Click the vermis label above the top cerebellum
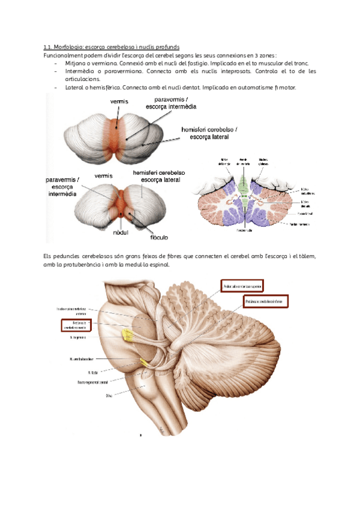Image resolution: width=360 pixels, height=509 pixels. (x=119, y=102)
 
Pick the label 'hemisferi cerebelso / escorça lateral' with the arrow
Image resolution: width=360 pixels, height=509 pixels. (x=209, y=133)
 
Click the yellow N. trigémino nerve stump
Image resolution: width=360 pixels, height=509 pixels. (x=127, y=334)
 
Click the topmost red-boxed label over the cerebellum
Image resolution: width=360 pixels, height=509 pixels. (x=242, y=286)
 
